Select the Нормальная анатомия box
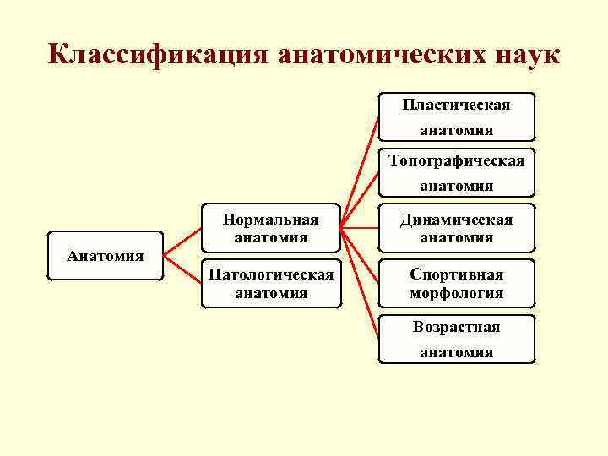coord(270,229)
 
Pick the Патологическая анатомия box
coord(270,284)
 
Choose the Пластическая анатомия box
coord(457,117)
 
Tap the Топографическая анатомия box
coord(457,172)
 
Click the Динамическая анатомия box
coord(457,229)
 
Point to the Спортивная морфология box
coord(457,284)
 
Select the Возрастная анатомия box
coord(457,339)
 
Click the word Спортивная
coord(457,274)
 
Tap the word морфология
coord(457,294)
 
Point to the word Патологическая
coord(270,274)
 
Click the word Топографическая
coord(457,160)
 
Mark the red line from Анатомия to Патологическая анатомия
coord(182,268)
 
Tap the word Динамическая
coord(457,220)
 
